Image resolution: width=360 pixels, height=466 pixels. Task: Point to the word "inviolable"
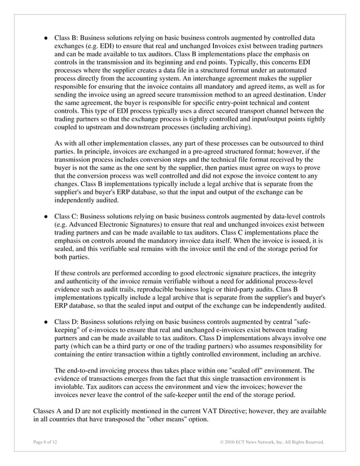pos(72,388)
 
